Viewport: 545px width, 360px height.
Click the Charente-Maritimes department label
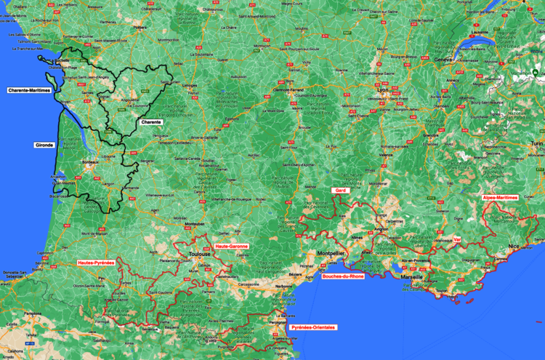point(29,91)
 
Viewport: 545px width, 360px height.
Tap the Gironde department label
point(44,145)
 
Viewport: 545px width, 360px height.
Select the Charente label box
point(151,121)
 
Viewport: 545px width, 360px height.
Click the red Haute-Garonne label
point(232,246)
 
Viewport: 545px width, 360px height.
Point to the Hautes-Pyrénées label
point(96,262)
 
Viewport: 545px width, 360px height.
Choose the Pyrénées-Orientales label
point(313,327)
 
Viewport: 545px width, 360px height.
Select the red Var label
point(457,239)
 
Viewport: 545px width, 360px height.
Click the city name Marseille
point(412,277)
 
